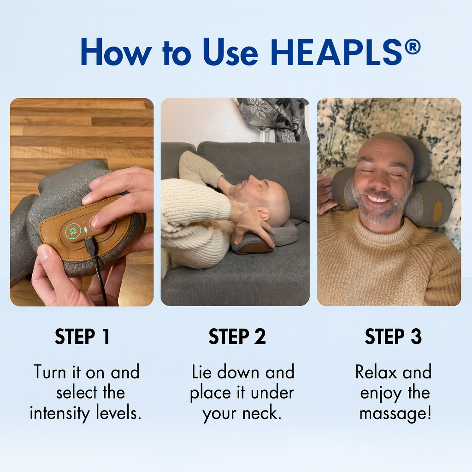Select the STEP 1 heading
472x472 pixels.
83,336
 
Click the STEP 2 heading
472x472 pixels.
237,336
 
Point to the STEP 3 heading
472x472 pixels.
393,336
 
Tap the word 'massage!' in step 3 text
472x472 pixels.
395,413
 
